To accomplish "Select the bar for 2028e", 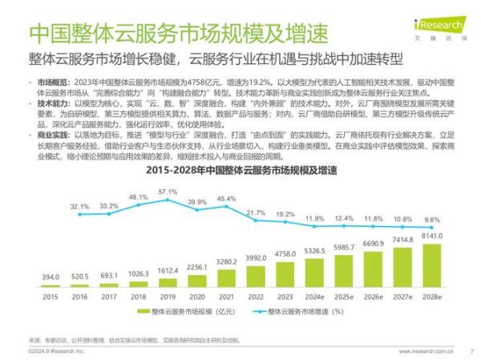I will [431, 265].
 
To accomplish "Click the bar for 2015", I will [51, 285].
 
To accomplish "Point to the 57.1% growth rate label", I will [168, 192].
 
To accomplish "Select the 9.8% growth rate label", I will [432, 220].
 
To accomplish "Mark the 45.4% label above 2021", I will [227, 198].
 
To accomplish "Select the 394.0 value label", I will [51, 277].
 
